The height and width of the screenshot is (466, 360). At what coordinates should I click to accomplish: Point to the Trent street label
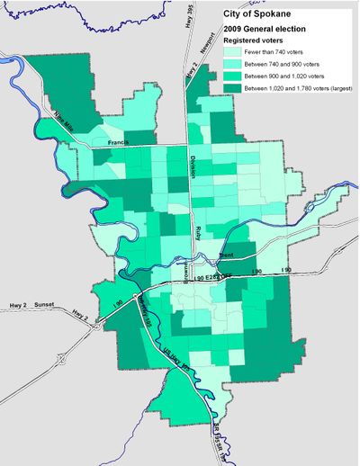[227, 255]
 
